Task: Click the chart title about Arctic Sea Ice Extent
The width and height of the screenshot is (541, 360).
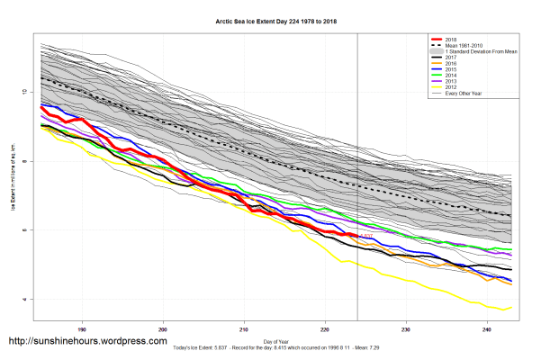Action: [x=270, y=20]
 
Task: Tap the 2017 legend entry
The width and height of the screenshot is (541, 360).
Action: [x=454, y=58]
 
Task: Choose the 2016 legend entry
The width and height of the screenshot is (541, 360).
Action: [x=454, y=65]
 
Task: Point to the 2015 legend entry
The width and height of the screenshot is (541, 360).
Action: [x=454, y=70]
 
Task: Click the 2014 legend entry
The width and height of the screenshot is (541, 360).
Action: [x=454, y=76]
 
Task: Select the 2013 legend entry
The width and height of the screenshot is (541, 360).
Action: [x=454, y=82]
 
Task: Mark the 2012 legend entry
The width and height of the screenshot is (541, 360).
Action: [x=454, y=87]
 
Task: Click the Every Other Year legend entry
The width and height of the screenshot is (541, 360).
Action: [x=464, y=93]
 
